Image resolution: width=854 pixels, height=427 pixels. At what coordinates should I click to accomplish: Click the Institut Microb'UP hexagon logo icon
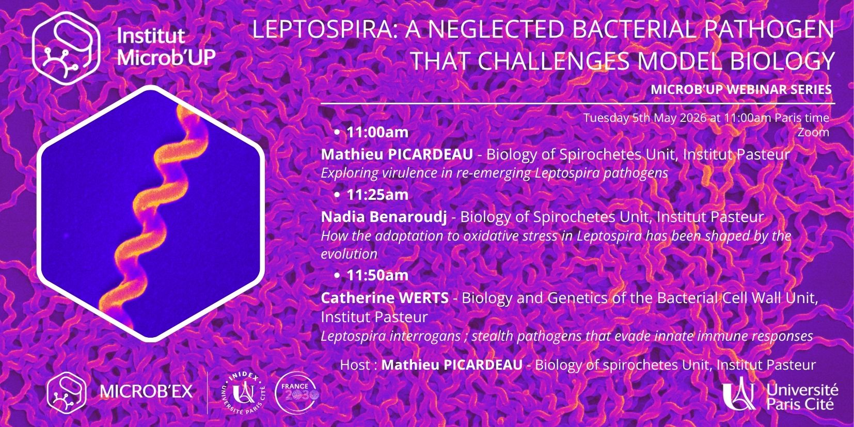coord(66,49)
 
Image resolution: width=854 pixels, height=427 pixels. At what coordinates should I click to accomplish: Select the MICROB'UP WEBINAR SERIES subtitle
coord(741,89)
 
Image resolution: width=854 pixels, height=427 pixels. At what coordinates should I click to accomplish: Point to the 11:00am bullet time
coord(377,132)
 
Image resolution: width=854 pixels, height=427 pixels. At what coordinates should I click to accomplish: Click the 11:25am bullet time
coord(377,195)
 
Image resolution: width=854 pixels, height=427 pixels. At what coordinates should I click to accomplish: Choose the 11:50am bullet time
coord(377,275)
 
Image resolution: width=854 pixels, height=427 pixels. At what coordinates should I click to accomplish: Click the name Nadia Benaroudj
coord(384,217)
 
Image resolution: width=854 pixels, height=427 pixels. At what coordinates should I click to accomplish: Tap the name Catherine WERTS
coord(385,298)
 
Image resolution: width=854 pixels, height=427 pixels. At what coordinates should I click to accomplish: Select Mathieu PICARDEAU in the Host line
coord(452,365)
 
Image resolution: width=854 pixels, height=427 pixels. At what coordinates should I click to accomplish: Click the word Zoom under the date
coord(814,133)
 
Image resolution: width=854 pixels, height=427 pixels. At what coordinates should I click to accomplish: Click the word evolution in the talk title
coord(349,254)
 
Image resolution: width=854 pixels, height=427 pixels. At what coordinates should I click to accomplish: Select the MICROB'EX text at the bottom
coord(147,391)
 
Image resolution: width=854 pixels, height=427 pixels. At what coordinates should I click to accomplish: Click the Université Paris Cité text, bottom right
coord(802,397)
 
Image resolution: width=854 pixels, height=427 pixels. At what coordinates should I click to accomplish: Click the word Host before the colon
coord(355,365)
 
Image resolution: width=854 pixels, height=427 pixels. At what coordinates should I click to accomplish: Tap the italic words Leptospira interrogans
coord(390,337)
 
